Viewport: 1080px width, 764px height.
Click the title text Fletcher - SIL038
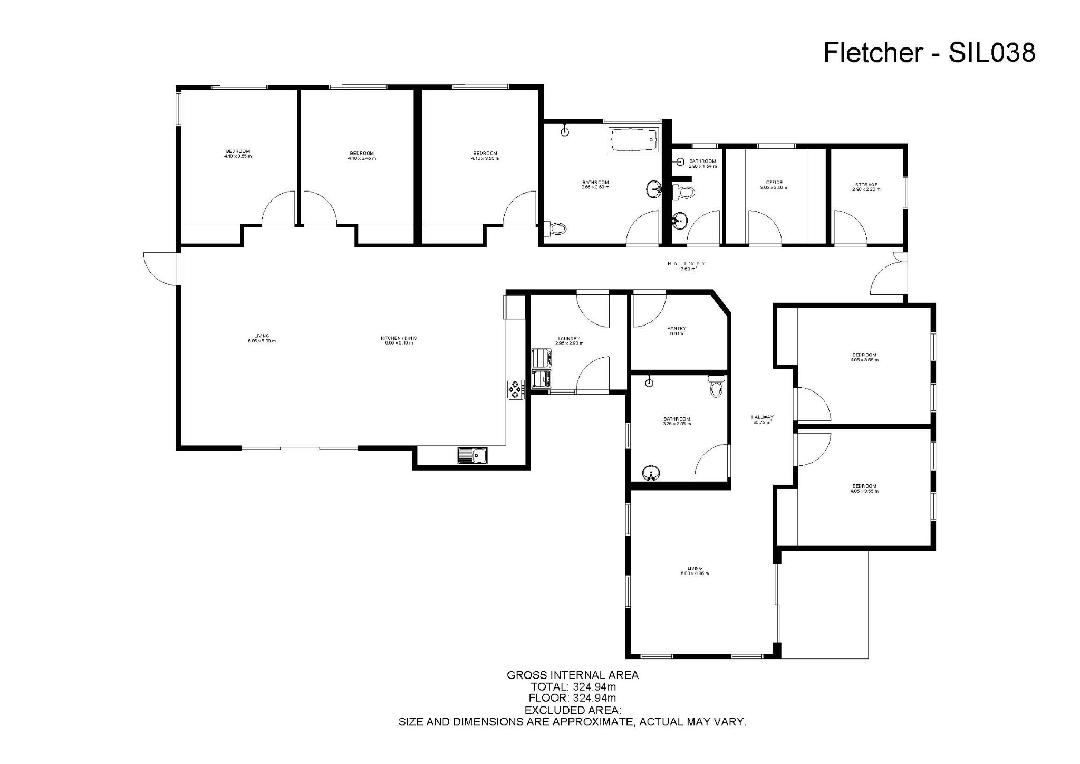(x=929, y=53)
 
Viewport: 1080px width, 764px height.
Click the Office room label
(x=774, y=185)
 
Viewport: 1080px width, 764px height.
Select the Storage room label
(x=866, y=187)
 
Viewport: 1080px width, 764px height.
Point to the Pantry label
(x=676, y=331)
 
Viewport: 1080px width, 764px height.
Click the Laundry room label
(x=569, y=341)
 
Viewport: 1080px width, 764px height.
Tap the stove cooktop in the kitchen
(x=515, y=389)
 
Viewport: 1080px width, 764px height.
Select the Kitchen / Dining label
(x=399, y=340)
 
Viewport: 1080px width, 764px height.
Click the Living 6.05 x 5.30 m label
(x=262, y=338)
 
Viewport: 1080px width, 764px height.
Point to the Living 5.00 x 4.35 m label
(x=695, y=571)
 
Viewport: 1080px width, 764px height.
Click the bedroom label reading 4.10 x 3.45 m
(x=362, y=156)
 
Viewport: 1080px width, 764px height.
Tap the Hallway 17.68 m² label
(x=687, y=266)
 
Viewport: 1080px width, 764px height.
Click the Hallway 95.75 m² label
(x=762, y=419)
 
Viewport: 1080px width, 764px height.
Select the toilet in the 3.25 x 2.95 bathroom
(x=716, y=388)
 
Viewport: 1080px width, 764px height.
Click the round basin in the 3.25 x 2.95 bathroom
(x=652, y=473)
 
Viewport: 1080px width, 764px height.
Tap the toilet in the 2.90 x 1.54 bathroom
(x=684, y=192)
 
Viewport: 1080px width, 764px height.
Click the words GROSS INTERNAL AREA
(x=572, y=675)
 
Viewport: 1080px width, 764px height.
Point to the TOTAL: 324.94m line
(x=572, y=687)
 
